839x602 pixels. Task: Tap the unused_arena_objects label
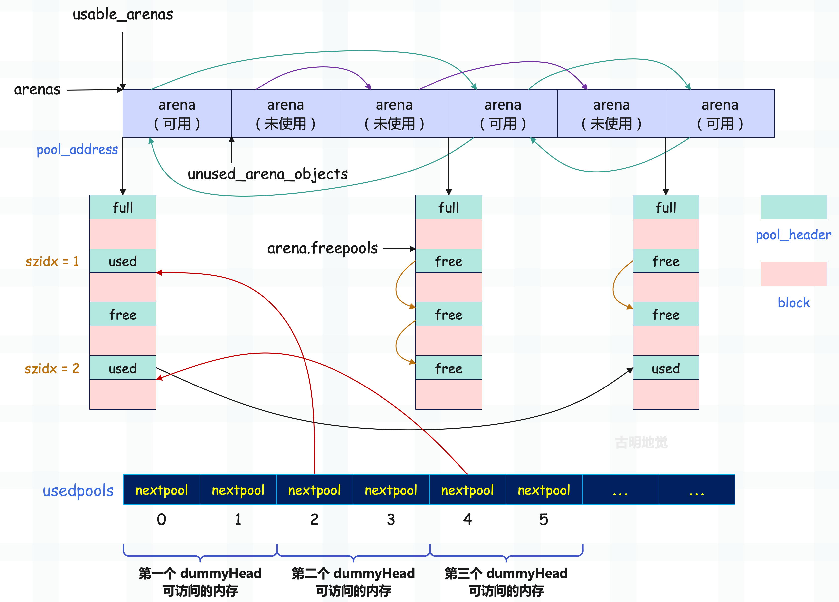point(267,174)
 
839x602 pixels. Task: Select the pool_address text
point(77,150)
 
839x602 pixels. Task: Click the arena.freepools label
point(322,248)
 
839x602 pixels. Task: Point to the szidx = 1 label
point(52,261)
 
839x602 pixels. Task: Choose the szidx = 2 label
point(52,368)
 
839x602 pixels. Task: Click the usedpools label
point(78,491)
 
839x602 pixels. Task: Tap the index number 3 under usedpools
point(391,519)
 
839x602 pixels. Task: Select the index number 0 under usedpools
point(161,519)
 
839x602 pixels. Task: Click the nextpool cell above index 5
point(543,490)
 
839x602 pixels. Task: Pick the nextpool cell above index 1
point(238,490)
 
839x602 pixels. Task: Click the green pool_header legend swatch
point(794,207)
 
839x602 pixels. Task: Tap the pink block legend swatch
point(794,274)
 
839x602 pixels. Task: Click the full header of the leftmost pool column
point(123,207)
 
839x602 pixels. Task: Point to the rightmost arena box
point(720,114)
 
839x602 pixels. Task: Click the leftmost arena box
point(177,114)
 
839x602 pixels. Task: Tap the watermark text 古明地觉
point(641,442)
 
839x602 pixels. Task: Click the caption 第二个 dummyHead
point(353,573)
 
